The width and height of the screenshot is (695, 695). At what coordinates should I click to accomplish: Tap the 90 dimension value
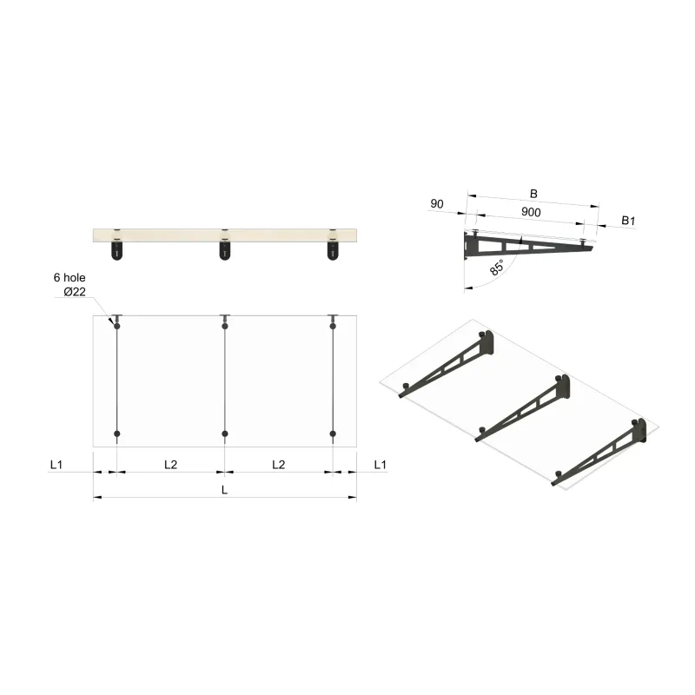pyautogui.click(x=437, y=204)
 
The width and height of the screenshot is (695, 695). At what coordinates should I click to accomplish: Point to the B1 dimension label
pyautogui.click(x=628, y=222)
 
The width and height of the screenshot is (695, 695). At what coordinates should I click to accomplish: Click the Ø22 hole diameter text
pyautogui.click(x=74, y=292)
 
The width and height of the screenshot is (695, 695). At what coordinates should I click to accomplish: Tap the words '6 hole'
pyautogui.click(x=69, y=277)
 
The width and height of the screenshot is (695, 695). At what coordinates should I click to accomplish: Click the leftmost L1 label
pyautogui.click(x=56, y=465)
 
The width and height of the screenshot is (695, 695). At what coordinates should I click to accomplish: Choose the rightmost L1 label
pyautogui.click(x=380, y=465)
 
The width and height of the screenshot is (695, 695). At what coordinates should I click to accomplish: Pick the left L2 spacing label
pyautogui.click(x=170, y=465)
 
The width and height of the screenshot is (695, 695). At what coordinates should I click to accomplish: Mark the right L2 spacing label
pyautogui.click(x=278, y=465)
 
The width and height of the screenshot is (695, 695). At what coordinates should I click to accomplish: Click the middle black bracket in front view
pyautogui.click(x=225, y=251)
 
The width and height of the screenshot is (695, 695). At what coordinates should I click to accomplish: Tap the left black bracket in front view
pyautogui.click(x=117, y=251)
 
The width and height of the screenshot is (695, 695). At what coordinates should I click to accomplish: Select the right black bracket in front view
pyautogui.click(x=333, y=251)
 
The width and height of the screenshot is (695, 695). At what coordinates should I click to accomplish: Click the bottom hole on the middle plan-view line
pyautogui.click(x=225, y=433)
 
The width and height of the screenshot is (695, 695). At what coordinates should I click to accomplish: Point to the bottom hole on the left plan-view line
pyautogui.click(x=117, y=433)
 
